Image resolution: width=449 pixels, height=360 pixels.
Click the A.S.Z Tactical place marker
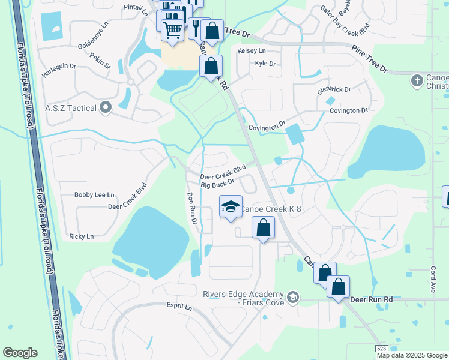pos(106,108)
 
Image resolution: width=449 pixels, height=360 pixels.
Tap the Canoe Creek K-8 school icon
pos(230,207)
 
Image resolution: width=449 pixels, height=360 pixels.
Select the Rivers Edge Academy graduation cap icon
pos(292,297)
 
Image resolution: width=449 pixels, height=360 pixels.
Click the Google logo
pos(20,353)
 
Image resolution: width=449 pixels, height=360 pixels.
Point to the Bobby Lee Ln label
pos(94,195)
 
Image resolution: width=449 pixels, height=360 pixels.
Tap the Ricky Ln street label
pos(82,236)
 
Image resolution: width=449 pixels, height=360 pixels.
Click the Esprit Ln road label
pos(178,306)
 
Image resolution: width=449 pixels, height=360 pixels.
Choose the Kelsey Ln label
pos(251,51)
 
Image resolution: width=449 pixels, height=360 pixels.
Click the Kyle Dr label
pos(265,63)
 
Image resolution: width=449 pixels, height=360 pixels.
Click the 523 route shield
pos(381,349)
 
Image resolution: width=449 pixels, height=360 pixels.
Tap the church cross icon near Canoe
pos(417,80)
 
